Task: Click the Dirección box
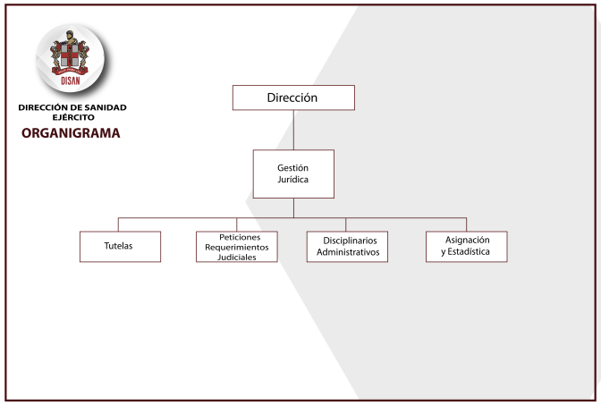[x=293, y=97]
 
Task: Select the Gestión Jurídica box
[x=293, y=174]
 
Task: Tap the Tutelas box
[x=121, y=247]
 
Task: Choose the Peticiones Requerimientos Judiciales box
[x=237, y=247]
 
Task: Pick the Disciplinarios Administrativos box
[x=347, y=247]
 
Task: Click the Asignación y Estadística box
[x=467, y=247]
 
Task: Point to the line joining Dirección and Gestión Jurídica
[x=293, y=130]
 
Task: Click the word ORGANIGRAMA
[x=71, y=133]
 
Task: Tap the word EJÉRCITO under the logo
[x=73, y=117]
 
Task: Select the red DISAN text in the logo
[x=71, y=80]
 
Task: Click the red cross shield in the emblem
[x=70, y=56]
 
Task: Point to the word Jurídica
[x=292, y=180]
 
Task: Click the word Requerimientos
[x=237, y=248]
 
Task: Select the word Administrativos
[x=348, y=252]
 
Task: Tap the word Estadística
[x=469, y=251]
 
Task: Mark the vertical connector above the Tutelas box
[x=118, y=224]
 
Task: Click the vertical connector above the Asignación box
[x=466, y=224]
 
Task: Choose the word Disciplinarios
[x=350, y=241]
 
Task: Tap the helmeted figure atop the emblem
[x=70, y=37]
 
